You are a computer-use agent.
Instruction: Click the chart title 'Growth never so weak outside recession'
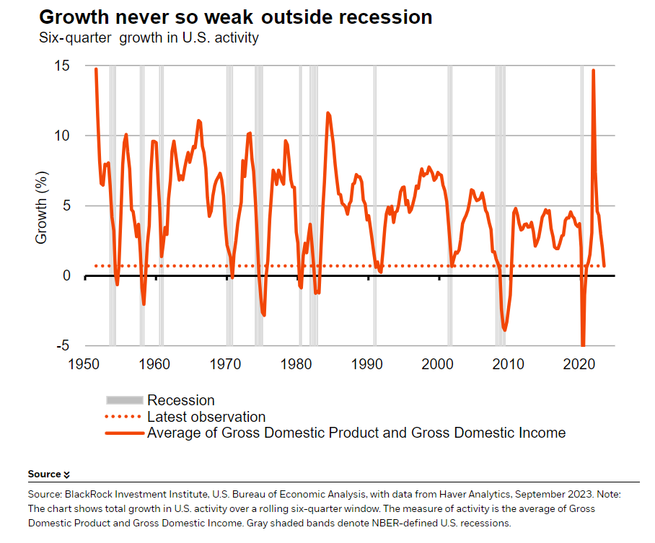[235, 17]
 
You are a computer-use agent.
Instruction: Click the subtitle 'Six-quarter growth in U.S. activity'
[149, 37]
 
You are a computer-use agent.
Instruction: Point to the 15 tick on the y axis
[61, 66]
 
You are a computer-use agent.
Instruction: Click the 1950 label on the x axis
[85, 363]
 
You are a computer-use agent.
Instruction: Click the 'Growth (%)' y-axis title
[41, 207]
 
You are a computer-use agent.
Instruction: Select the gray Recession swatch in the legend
[124, 400]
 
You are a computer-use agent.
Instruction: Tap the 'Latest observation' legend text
[206, 417]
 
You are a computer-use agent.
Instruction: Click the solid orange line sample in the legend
[124, 433]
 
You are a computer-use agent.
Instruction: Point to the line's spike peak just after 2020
[593, 71]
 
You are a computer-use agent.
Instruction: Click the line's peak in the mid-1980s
[327, 112]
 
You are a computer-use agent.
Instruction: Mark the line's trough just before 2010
[505, 330]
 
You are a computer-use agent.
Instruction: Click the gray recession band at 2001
[449, 206]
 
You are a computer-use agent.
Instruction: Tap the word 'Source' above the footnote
[44, 474]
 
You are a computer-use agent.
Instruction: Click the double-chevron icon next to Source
[67, 474]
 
